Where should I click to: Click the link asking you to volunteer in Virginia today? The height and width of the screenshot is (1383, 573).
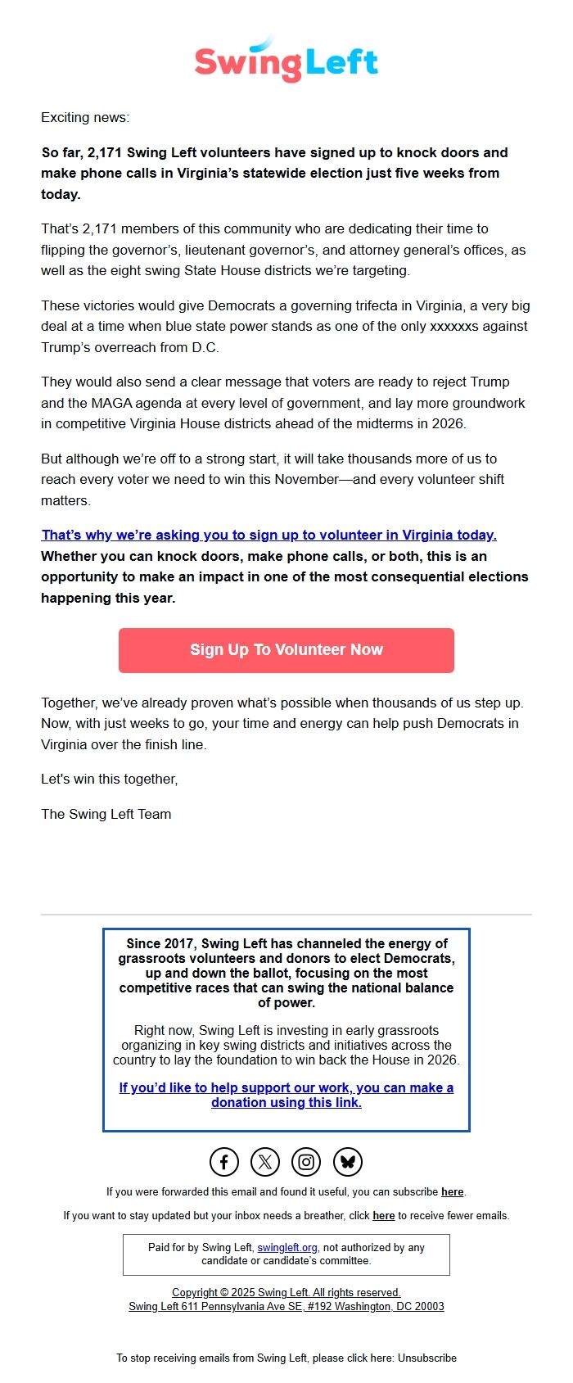pos(268,535)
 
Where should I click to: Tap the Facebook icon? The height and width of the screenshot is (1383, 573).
pos(224,1161)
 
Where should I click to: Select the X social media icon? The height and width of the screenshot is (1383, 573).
pos(265,1161)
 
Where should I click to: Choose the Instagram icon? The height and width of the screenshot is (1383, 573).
pos(306,1161)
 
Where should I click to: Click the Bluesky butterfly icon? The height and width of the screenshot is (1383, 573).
pos(347,1161)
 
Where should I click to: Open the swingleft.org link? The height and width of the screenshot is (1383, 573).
pos(287,1247)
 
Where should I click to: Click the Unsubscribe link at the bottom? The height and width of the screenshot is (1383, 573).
pos(427,1358)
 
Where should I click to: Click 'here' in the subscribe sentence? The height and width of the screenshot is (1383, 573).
pos(452,1191)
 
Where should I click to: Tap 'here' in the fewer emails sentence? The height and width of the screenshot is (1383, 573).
pos(383,1215)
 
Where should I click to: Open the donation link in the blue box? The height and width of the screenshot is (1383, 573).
pos(286,1095)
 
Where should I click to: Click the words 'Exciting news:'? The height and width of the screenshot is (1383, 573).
pos(85,117)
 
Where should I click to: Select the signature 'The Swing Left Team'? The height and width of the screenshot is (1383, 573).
pos(106,814)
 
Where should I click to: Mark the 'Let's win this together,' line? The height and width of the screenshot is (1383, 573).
pos(110,779)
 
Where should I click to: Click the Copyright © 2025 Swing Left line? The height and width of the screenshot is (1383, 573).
pos(286,1292)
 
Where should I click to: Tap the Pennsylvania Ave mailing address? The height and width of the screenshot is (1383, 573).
pos(286,1306)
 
